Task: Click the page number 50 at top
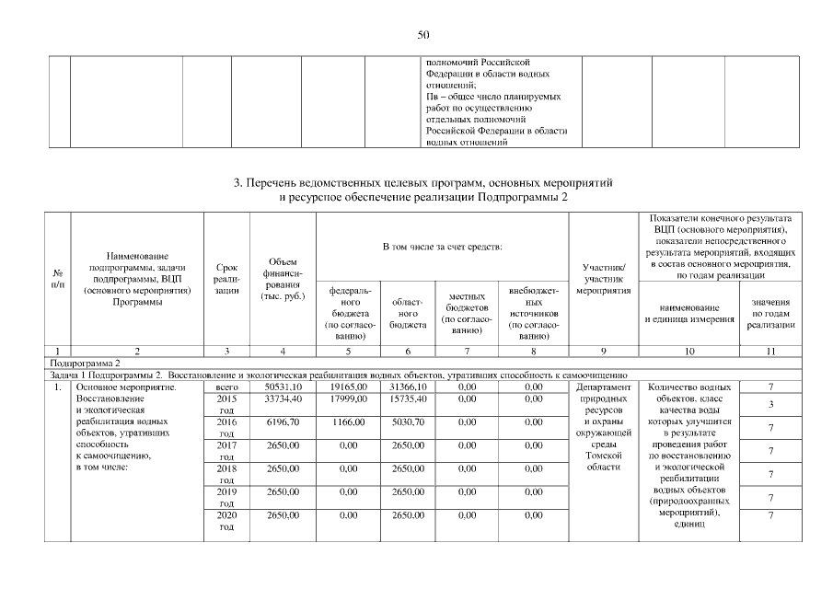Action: [423, 35]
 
